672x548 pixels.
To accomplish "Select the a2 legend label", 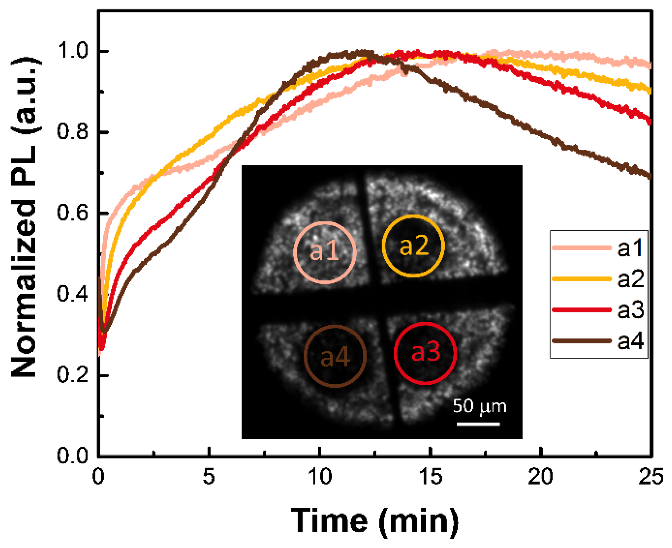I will [630, 279].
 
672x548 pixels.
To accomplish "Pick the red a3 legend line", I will [581, 310].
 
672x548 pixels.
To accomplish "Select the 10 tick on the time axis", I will [320, 477].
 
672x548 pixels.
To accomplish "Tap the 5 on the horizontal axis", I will [209, 477].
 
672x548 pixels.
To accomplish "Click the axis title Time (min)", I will [375, 521].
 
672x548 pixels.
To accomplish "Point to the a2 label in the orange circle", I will [414, 245].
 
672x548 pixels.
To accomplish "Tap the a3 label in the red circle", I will [426, 352].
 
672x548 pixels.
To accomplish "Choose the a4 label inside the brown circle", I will [335, 357].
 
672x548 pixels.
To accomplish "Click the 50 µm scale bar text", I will [479, 406].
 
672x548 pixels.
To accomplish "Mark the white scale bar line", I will [478, 424].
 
